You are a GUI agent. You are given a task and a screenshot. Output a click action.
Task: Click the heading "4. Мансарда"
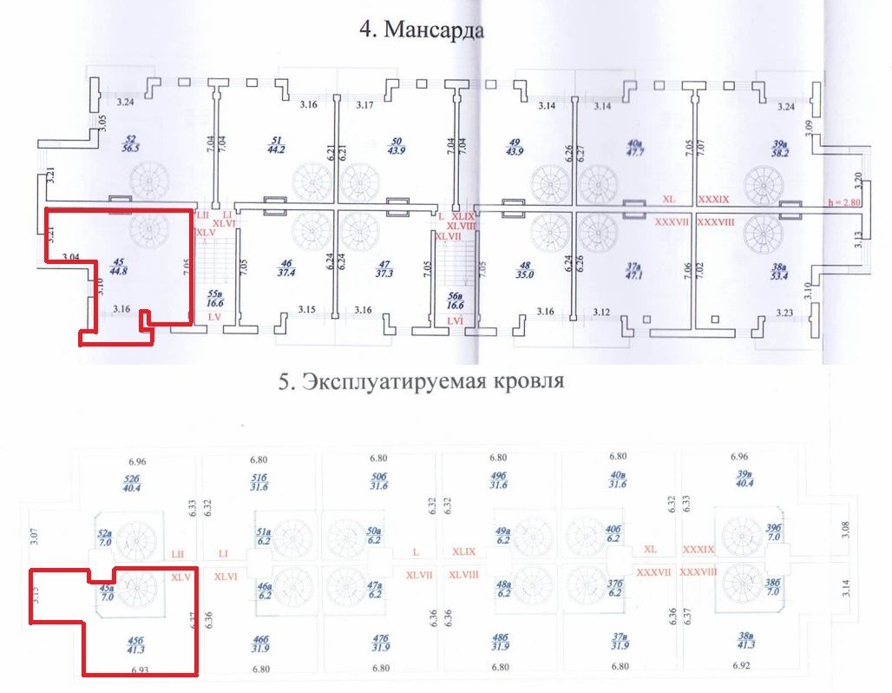pyautogui.click(x=422, y=30)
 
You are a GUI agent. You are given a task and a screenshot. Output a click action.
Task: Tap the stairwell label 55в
pyautogui.click(x=215, y=300)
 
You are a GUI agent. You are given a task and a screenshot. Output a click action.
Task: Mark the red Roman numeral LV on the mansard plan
pyautogui.click(x=214, y=319)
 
